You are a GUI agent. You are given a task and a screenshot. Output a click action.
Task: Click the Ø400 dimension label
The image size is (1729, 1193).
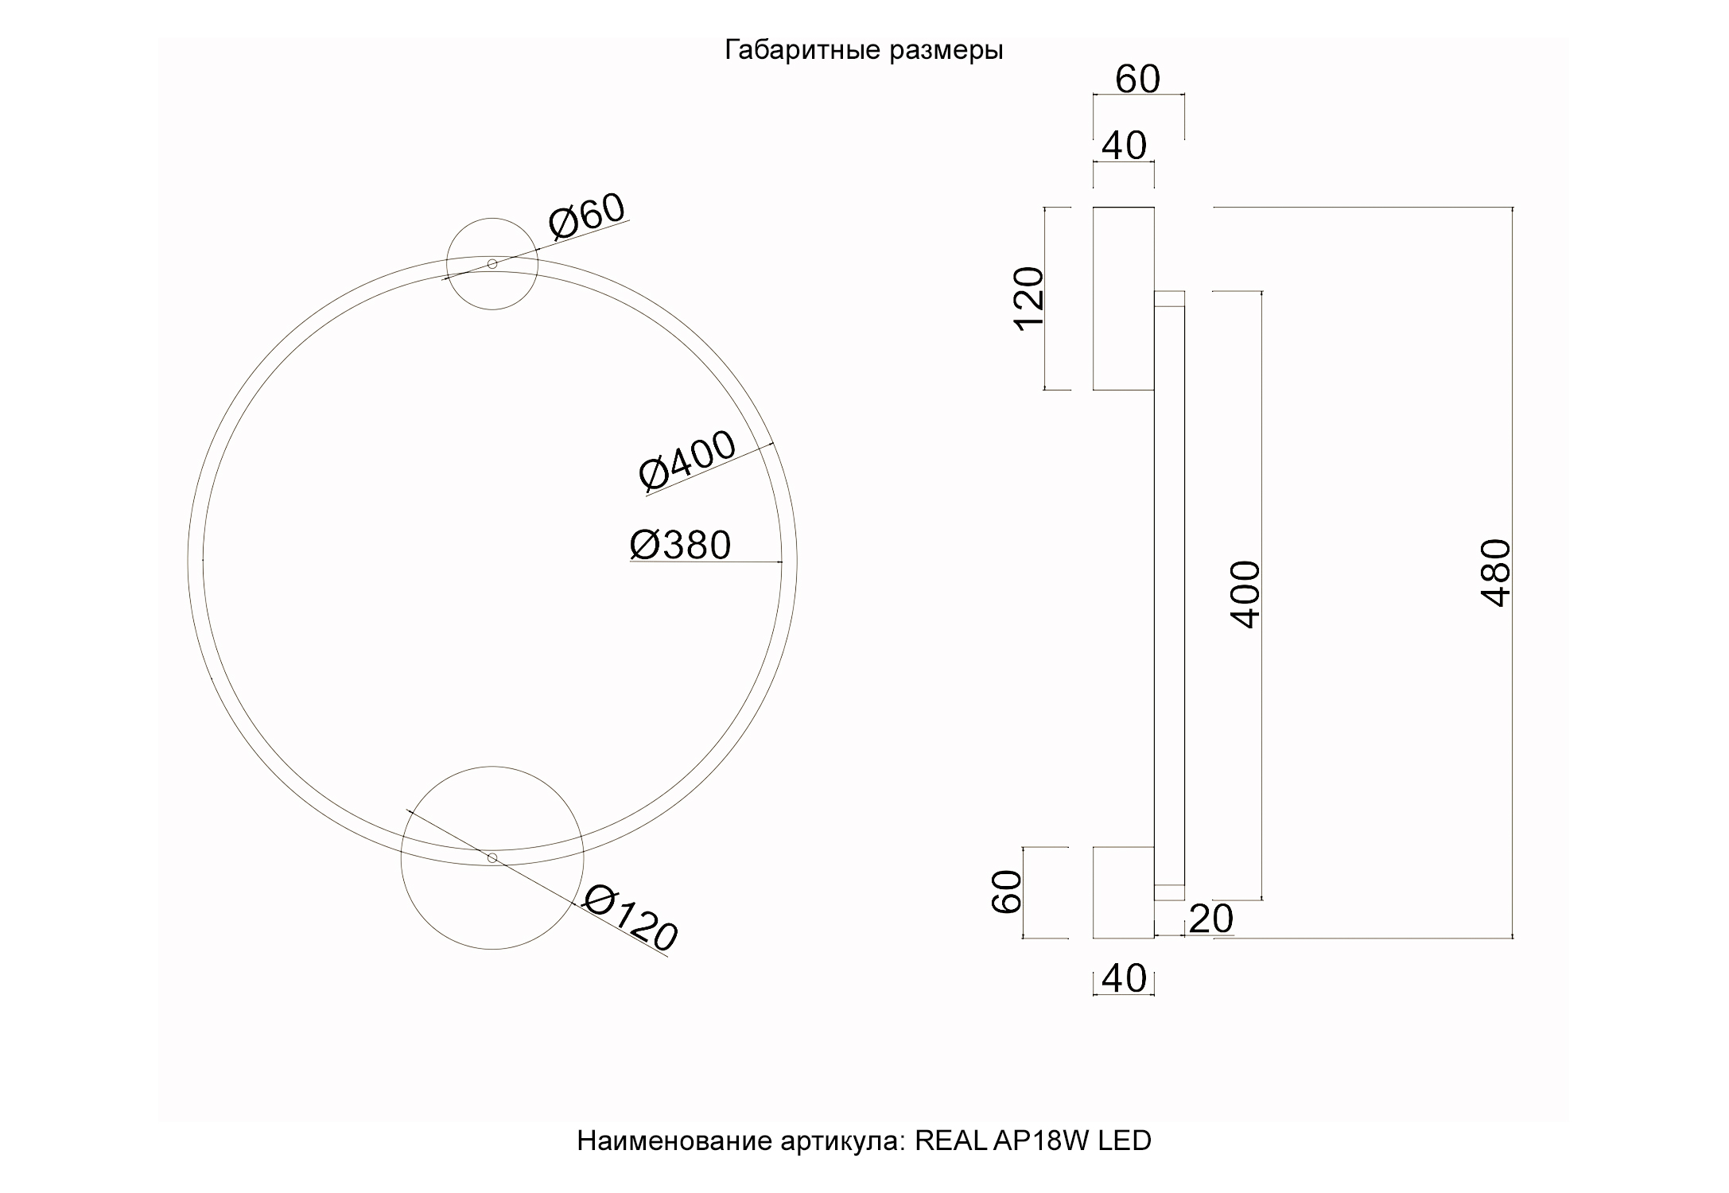coord(687,461)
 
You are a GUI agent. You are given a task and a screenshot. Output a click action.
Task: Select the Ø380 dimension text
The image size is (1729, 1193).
coord(680,546)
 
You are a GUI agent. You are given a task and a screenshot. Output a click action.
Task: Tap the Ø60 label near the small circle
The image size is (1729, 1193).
coord(588,216)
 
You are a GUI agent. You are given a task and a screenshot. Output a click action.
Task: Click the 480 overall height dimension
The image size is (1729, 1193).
coord(1496,573)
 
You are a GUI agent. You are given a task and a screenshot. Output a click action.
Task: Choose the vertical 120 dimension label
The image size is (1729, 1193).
coord(1028,298)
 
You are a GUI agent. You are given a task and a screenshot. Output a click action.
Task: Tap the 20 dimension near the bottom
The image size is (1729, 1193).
coord(1210,919)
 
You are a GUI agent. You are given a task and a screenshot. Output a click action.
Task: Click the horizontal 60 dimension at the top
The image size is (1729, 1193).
coord(1138,80)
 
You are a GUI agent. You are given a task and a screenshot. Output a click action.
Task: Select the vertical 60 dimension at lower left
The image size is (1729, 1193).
coord(1007,892)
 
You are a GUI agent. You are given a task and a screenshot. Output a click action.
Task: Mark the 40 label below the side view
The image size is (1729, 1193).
coord(1124,979)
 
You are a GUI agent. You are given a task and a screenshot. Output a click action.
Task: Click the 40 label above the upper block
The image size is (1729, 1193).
coord(1124,146)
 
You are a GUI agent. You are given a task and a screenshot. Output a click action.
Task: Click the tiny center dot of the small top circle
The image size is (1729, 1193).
coord(492,264)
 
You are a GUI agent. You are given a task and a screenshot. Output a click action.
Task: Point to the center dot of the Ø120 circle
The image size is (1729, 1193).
coord(492,857)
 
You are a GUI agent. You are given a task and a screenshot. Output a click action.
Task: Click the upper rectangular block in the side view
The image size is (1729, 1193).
coord(1123,298)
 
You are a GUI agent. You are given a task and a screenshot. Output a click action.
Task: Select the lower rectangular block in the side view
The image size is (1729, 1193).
coord(1123,892)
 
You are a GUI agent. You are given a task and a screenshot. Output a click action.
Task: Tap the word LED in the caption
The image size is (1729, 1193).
coord(1125,1141)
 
